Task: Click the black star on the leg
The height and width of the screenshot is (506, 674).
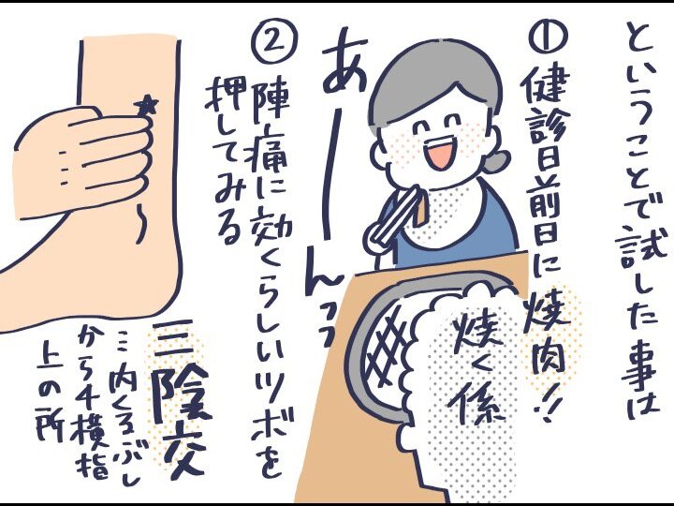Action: point(146,105)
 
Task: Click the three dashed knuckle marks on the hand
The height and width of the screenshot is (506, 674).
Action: point(64,169)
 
